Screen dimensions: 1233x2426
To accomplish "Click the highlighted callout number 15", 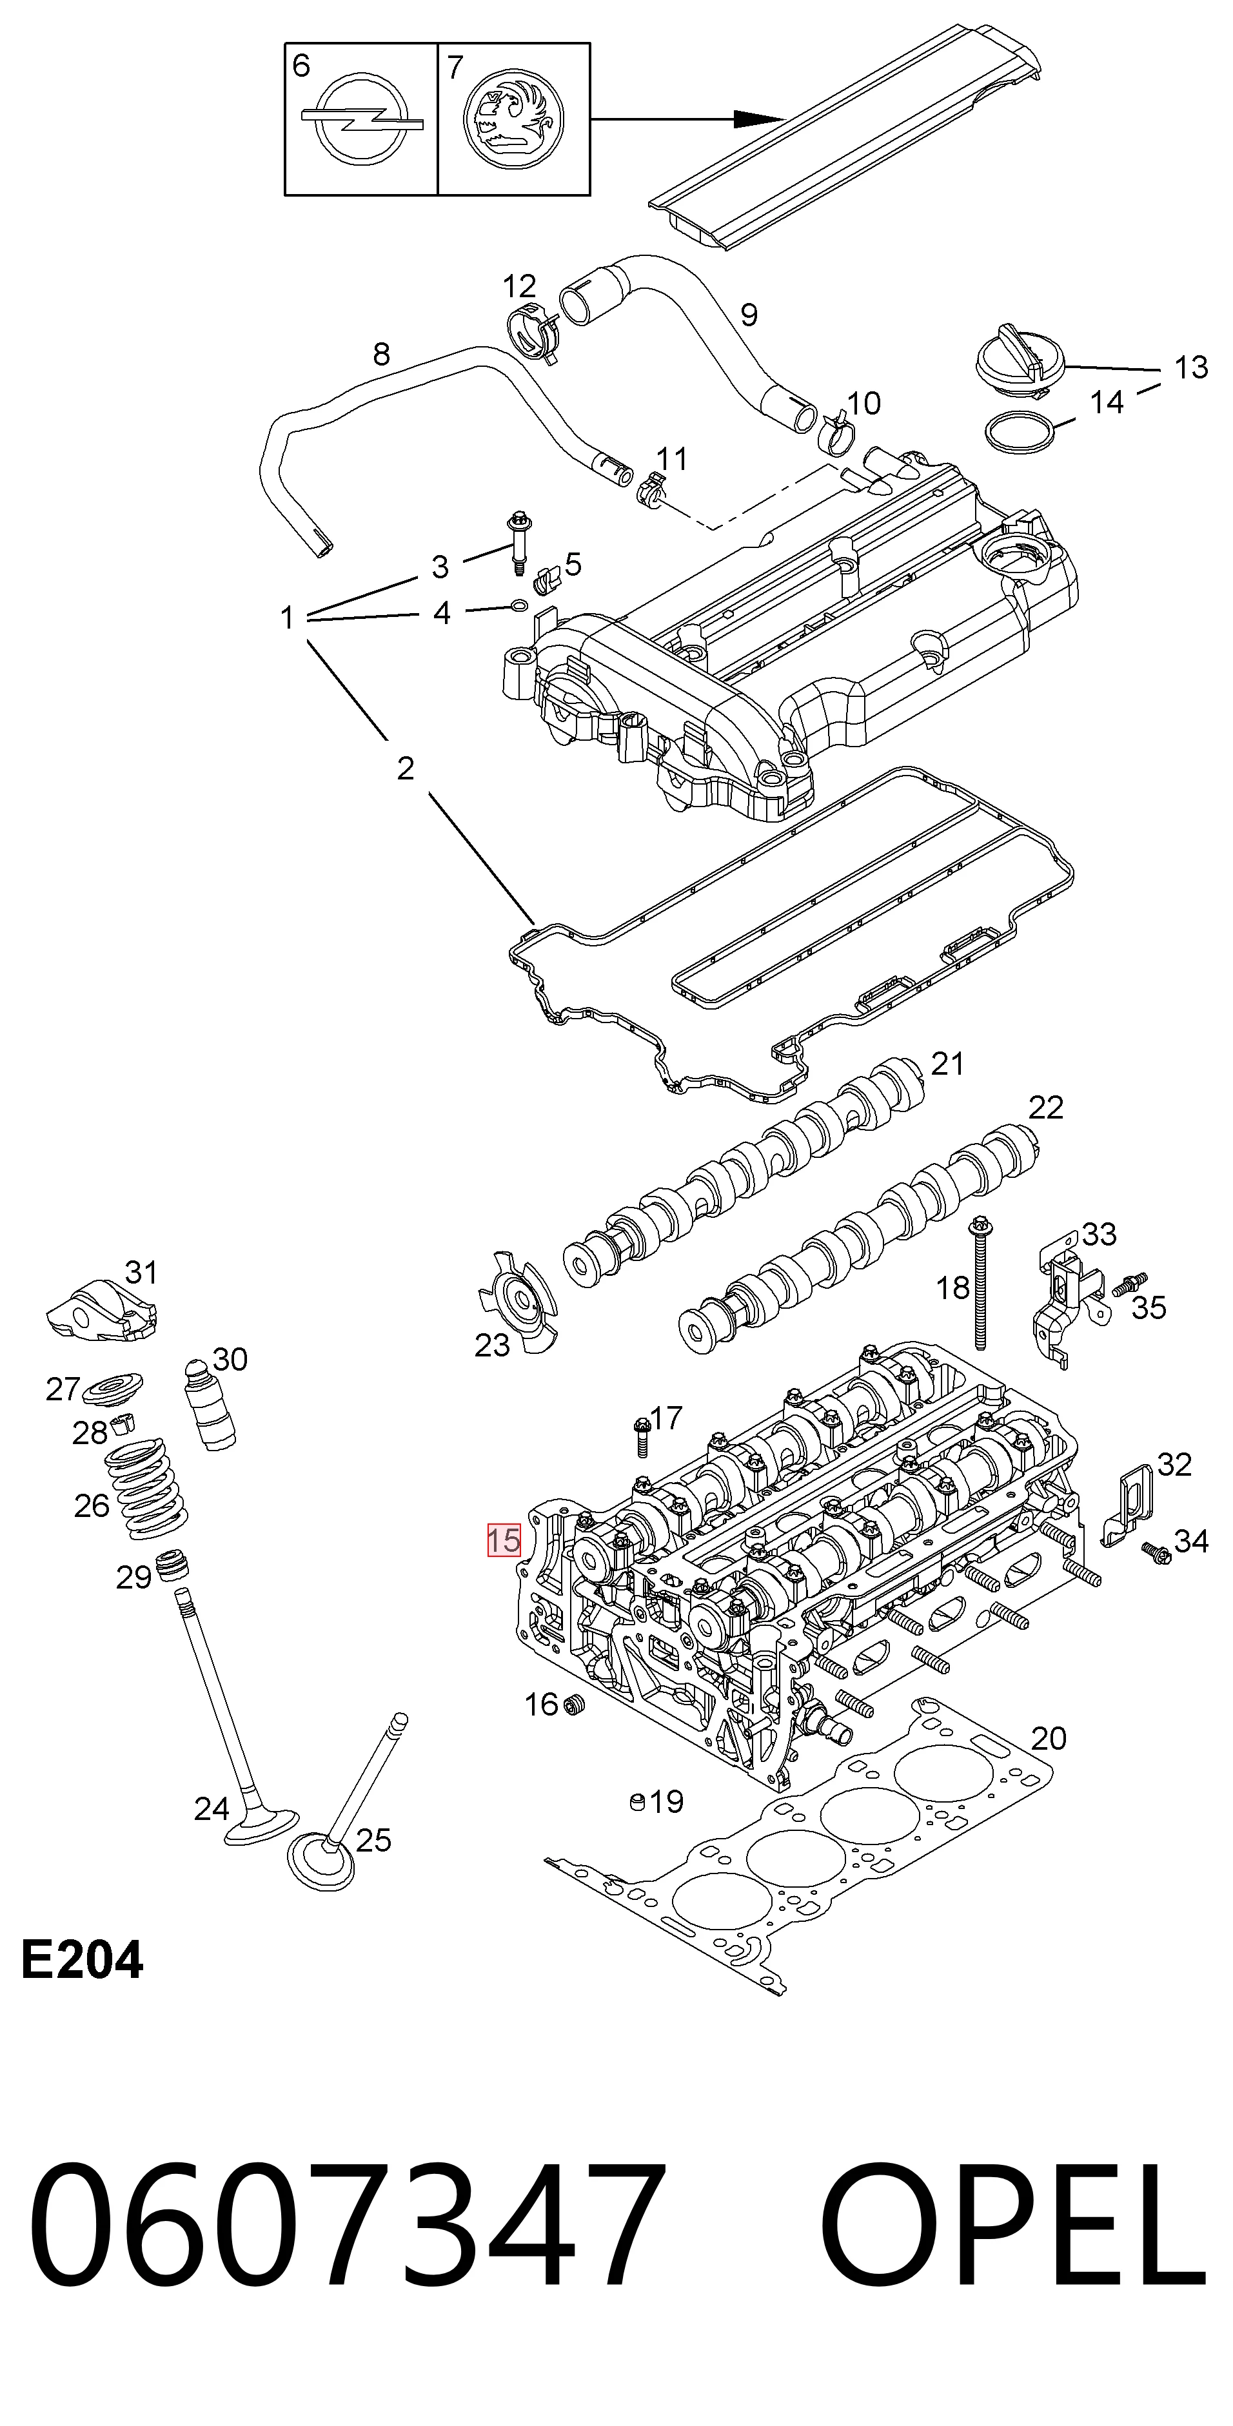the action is pyautogui.click(x=504, y=1540).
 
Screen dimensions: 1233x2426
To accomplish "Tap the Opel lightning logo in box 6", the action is pyautogui.click(x=362, y=121).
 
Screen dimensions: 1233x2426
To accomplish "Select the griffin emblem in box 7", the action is pyautogui.click(x=513, y=120).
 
